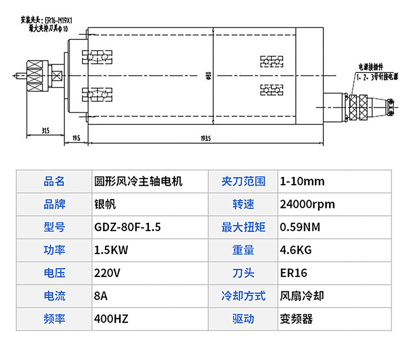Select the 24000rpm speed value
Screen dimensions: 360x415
[308, 204]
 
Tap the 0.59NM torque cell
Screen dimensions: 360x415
[300, 227]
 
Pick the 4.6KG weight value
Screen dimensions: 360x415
[296, 250]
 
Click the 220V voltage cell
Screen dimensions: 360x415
[107, 273]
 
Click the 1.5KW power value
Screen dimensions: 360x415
[111, 250]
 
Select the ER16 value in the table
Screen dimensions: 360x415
[293, 273]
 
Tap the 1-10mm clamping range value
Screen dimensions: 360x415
[302, 181]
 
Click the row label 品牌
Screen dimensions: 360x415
[54, 204]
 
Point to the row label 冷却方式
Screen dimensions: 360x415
[243, 296]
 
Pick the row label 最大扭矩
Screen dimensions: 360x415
[243, 227]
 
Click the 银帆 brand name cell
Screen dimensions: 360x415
[105, 204]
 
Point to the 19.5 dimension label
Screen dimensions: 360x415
[76, 136]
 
